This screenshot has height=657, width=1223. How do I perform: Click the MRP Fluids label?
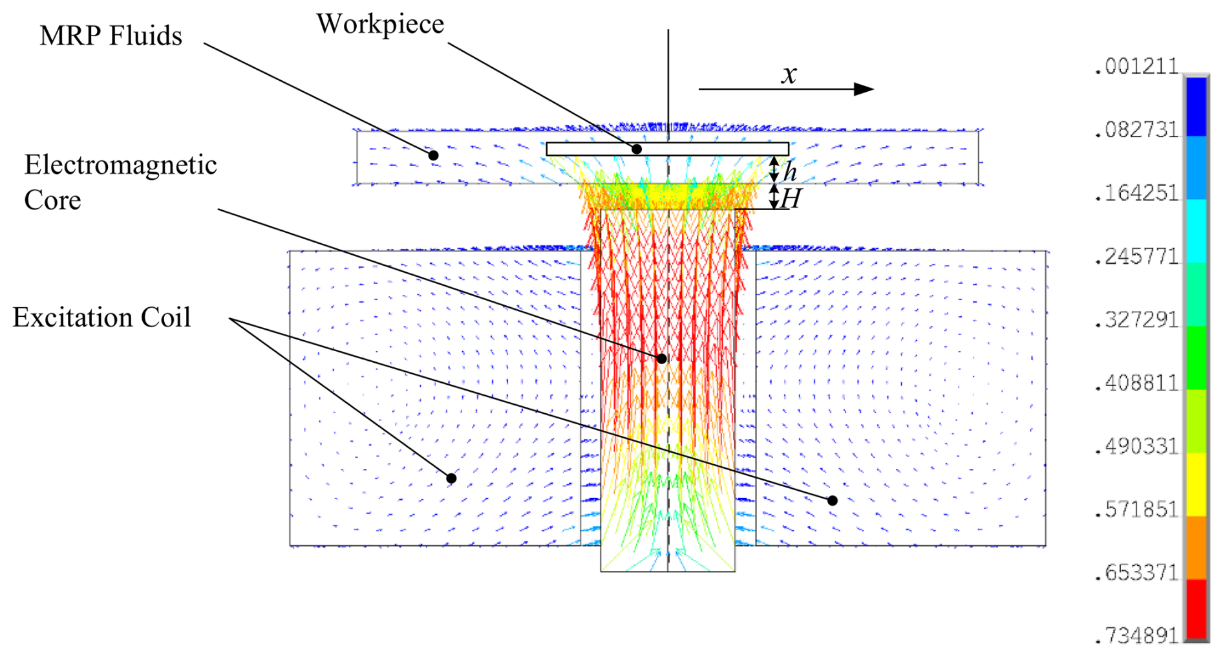[x=111, y=36]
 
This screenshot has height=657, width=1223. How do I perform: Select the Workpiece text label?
[x=380, y=25]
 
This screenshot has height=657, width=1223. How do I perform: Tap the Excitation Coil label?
[x=101, y=318]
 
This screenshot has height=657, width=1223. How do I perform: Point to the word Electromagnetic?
[x=120, y=166]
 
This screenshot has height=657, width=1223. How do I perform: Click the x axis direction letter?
[x=789, y=74]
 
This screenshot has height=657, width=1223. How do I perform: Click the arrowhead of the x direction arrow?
[x=864, y=89]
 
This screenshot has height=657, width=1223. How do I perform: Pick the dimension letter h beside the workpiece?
[x=790, y=172]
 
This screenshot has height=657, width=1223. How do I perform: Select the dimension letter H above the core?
[x=791, y=199]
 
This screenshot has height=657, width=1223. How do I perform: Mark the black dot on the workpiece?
[x=637, y=149]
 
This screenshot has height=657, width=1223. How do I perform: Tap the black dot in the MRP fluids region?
[x=434, y=155]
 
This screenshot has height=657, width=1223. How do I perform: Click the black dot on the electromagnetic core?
[x=661, y=359]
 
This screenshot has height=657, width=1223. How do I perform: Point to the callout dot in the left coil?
[x=451, y=479]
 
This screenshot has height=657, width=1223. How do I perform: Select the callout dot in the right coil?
[x=833, y=501]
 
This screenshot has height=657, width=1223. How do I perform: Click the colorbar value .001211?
[x=1136, y=67]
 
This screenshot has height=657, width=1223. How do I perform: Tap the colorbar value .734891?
[x=1136, y=636]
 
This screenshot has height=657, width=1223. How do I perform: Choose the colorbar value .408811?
[x=1136, y=383]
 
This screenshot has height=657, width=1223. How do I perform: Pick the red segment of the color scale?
[x=1196, y=609]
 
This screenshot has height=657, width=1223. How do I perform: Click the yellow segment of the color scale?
[x=1196, y=484]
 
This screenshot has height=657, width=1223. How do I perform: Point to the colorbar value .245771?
[x=1136, y=257]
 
